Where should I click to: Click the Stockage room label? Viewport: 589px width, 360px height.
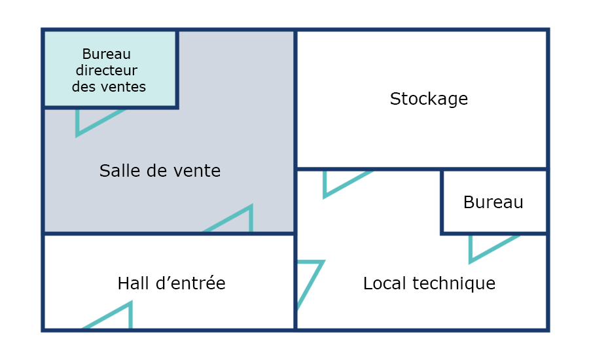click(x=429, y=99)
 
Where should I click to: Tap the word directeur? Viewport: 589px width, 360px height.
click(x=107, y=70)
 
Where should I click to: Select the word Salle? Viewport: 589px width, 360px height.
click(x=120, y=171)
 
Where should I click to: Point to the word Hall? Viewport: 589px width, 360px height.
click(x=134, y=283)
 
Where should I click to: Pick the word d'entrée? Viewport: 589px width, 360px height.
click(x=190, y=283)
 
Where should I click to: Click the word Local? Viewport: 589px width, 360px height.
click(x=384, y=283)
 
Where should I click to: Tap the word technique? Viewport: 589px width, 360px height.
click(x=454, y=283)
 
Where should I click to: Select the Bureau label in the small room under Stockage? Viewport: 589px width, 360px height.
click(x=493, y=202)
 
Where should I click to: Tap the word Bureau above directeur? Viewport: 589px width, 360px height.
click(x=107, y=54)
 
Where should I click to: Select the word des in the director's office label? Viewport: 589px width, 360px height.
click(x=83, y=87)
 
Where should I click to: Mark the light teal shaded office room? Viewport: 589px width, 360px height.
click(x=110, y=68)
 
